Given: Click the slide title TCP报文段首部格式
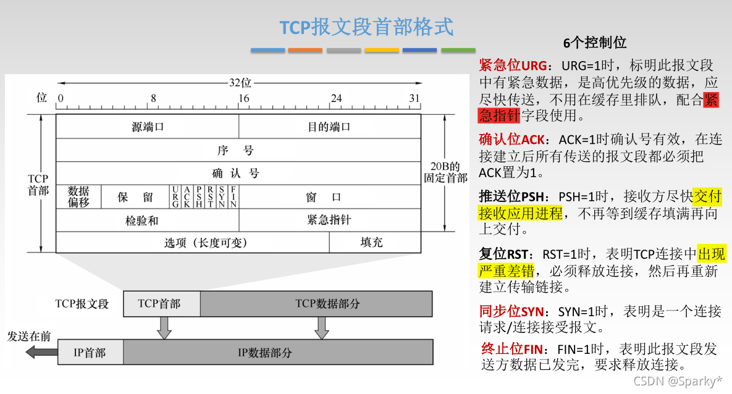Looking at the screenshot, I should [x=366, y=27].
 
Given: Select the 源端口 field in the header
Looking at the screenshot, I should [x=148, y=127].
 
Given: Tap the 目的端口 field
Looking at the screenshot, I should [x=329, y=127].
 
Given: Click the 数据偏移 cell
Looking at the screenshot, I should [x=78, y=196].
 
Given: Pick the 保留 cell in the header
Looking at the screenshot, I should [x=135, y=197].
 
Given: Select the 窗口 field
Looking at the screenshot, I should [x=323, y=197].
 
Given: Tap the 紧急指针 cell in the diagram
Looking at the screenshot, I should [x=329, y=220].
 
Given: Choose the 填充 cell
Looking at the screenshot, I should [x=372, y=242].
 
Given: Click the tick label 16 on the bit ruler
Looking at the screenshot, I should [x=243, y=98].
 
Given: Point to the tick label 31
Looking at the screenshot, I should [x=414, y=98].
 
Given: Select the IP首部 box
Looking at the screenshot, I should [x=90, y=353].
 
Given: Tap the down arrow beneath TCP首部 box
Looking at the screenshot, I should [x=163, y=327].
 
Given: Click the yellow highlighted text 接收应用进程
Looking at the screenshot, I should [x=521, y=214].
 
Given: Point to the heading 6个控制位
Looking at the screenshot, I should [x=595, y=43].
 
